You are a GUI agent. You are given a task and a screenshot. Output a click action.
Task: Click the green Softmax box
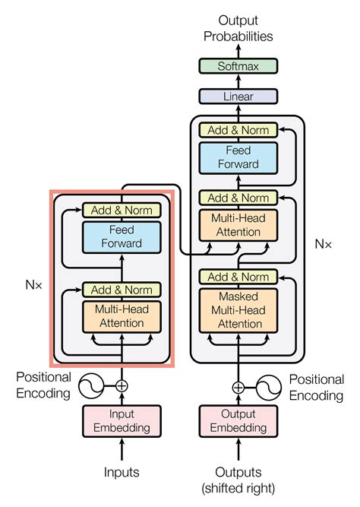tap(238, 67)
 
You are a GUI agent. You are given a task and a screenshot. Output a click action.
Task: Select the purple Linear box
tap(238, 97)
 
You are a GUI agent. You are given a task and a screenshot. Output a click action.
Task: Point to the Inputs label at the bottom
tap(121, 472)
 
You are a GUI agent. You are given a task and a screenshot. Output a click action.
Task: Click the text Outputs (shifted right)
tap(238, 479)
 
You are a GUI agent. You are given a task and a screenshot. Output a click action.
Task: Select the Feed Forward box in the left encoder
tap(121, 237)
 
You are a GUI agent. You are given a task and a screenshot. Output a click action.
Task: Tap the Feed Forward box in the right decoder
tap(238, 157)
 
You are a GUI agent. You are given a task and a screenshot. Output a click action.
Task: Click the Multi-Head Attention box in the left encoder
tap(121, 317)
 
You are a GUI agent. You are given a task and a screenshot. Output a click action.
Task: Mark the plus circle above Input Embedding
tap(121, 386)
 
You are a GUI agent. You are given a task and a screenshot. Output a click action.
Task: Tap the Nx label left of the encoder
tap(34, 288)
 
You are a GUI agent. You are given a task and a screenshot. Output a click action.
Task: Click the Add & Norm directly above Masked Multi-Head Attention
tap(238, 277)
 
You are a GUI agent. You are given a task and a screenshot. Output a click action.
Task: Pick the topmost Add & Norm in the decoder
tap(238, 130)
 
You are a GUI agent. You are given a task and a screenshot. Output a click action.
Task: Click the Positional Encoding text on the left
tap(44, 385)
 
